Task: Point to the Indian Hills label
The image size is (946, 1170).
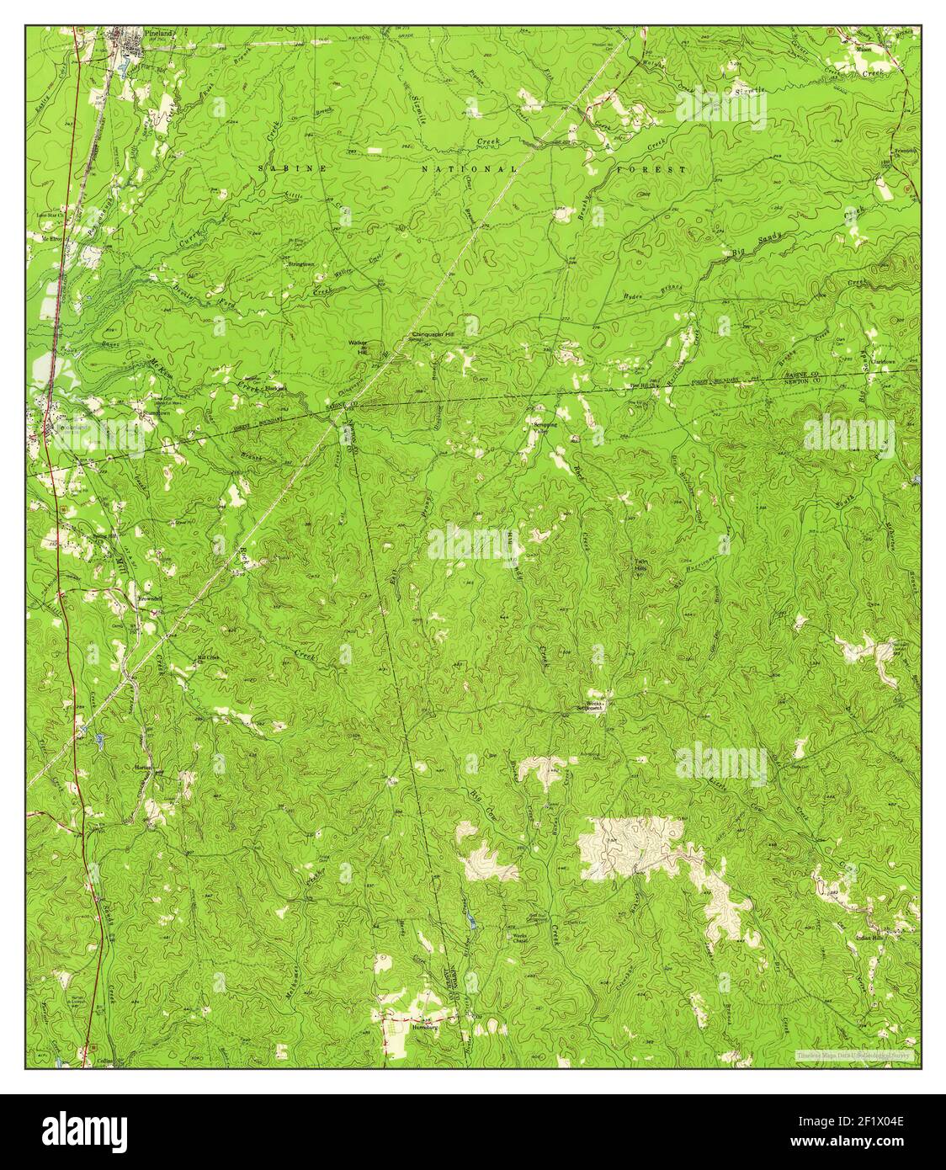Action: coord(869,937)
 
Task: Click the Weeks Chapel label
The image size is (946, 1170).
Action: coord(514,939)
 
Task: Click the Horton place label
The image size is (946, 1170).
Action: coord(141,768)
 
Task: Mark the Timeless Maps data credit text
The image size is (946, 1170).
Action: coord(853,1054)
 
